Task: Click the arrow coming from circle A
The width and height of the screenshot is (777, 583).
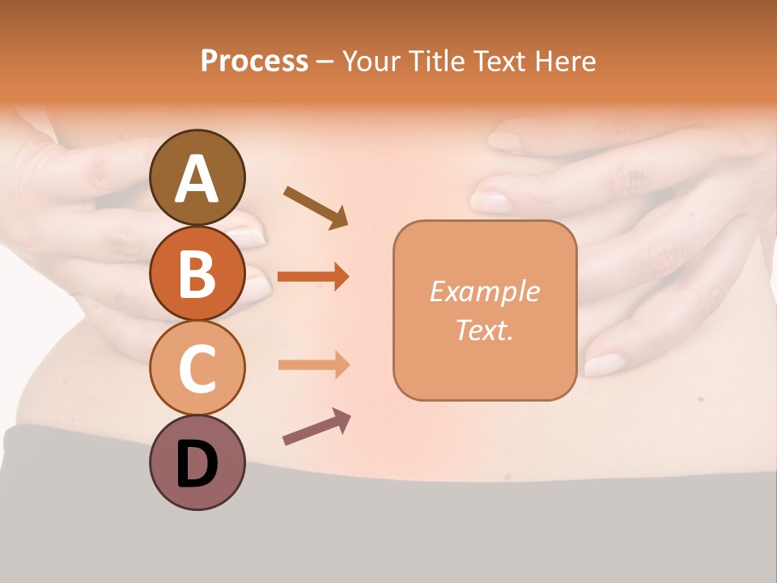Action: click(316, 206)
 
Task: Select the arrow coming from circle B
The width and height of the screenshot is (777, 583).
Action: click(313, 276)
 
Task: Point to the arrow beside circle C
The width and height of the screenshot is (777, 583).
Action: click(313, 365)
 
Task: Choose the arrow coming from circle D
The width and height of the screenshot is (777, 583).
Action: click(316, 426)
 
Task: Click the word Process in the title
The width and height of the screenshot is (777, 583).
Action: click(254, 61)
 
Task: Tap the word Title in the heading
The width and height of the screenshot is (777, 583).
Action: click(438, 61)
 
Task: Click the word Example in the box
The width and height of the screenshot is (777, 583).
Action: click(484, 291)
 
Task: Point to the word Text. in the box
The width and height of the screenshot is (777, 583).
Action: click(484, 330)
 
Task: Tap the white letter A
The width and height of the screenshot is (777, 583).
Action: click(197, 179)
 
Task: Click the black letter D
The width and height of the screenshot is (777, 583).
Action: click(197, 465)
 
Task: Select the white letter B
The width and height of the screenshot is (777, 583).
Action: click(197, 274)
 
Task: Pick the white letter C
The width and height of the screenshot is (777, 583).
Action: click(197, 369)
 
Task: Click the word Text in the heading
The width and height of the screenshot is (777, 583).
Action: click(503, 61)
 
